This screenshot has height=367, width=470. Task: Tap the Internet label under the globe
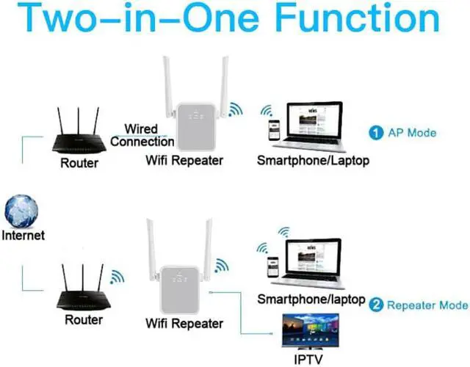23,236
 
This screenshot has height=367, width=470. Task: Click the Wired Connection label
141,135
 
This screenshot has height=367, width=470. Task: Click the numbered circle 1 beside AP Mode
375,133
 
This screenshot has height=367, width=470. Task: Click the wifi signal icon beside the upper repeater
234,111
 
